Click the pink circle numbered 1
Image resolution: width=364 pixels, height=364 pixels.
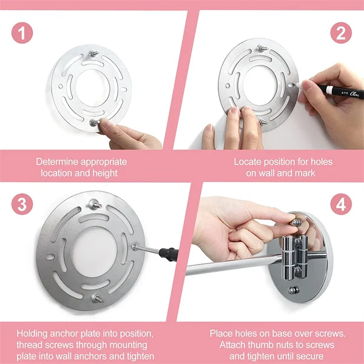22,33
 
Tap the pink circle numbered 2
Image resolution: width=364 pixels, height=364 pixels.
341,33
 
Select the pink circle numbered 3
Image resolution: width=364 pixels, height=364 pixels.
22,204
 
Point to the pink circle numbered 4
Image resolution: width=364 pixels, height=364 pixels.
341,204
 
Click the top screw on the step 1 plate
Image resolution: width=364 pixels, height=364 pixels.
93,54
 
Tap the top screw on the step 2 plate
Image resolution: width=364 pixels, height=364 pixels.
262,49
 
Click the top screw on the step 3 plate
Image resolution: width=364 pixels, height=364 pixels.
95,204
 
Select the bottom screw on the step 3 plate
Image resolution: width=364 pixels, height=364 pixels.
97,298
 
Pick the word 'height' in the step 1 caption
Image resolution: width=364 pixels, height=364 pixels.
105,173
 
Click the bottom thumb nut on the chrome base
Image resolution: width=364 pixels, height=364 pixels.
294,290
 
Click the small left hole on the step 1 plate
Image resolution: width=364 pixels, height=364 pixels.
61,86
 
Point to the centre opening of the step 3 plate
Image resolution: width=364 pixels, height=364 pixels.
94,252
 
